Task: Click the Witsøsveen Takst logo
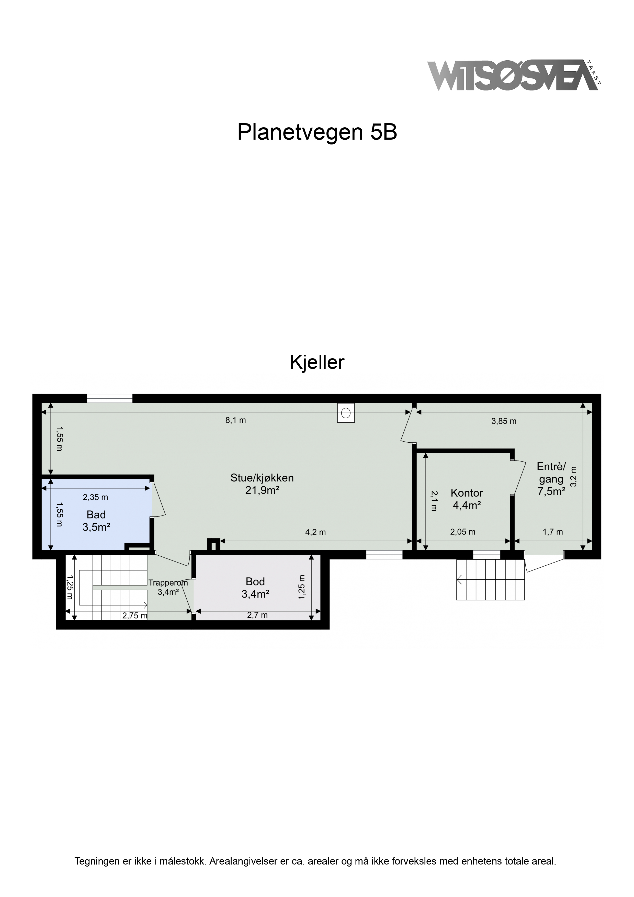tap(514, 76)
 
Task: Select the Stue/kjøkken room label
tap(262, 478)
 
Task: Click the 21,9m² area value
tap(262, 490)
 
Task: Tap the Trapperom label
tap(168, 583)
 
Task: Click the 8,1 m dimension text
tap(235, 420)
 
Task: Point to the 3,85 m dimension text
tap(504, 421)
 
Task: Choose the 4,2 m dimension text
tap(315, 532)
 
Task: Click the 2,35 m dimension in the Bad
tap(95, 497)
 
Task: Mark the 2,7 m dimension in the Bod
tap(257, 615)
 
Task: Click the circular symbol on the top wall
tap(346, 412)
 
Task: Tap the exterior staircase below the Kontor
tap(491, 580)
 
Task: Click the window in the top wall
tap(110, 398)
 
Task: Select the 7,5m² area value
tap(551, 491)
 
